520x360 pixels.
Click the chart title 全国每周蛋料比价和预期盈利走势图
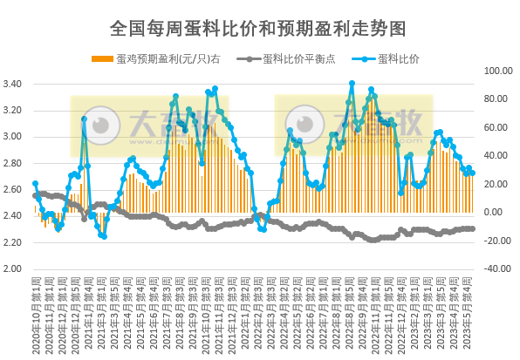tap(258, 28)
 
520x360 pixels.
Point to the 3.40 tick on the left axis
tap(15, 85)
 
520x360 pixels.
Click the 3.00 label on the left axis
tap(15, 137)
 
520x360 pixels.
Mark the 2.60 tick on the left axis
tap(15, 189)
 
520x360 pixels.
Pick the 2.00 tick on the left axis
tap(15, 268)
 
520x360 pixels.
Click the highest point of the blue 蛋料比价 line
tap(352, 84)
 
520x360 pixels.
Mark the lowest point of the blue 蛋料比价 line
tap(104, 236)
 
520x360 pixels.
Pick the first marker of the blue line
tap(35, 184)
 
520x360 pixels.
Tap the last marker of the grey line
tap(472, 228)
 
